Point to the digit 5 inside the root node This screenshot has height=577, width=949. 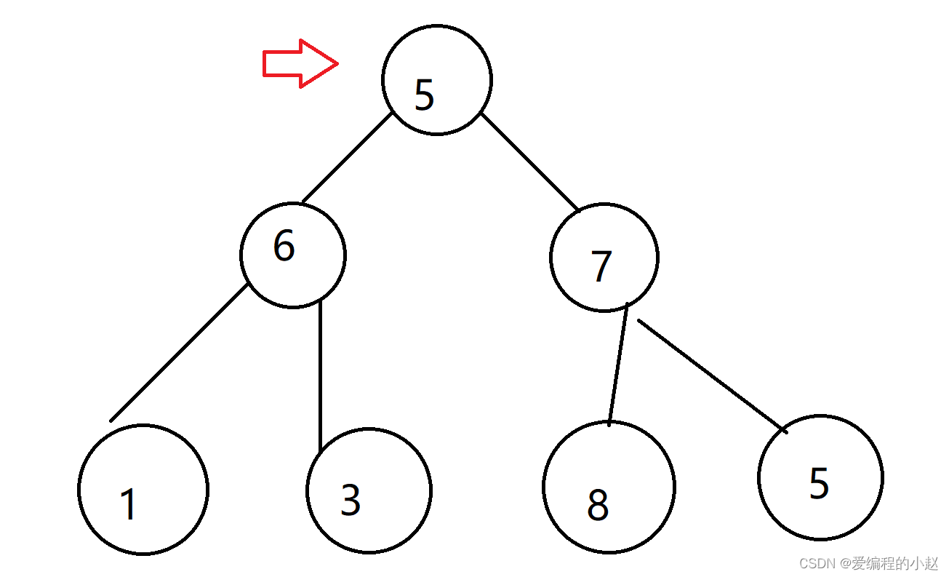[425, 95]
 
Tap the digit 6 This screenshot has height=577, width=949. [284, 246]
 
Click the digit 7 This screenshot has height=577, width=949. [601, 266]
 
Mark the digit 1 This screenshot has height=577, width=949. [129, 504]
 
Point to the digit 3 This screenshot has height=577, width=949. [351, 500]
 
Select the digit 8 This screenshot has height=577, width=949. [598, 505]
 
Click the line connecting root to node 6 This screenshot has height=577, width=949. [348, 157]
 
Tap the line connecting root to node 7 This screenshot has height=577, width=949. [529, 162]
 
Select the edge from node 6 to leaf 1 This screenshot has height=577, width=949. [178, 353]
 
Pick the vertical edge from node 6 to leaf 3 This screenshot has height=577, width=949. [320, 375]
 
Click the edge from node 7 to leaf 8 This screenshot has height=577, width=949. [618, 362]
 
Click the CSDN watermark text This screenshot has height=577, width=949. [868, 564]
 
